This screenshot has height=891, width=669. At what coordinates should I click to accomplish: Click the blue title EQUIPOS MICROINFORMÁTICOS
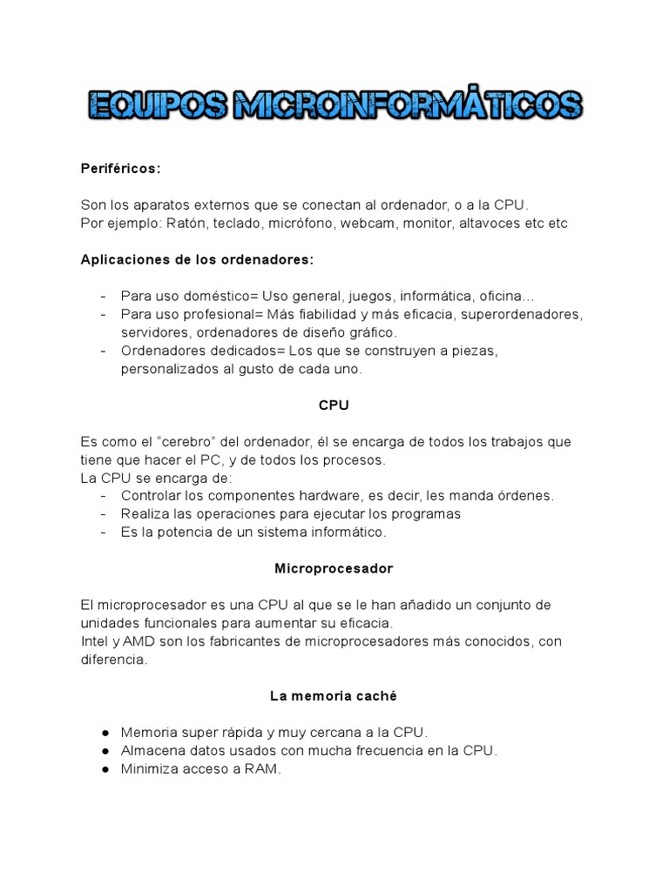(x=334, y=105)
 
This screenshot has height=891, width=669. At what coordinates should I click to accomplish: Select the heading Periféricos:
(x=121, y=168)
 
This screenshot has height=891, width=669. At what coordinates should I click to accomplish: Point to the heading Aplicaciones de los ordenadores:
(x=197, y=259)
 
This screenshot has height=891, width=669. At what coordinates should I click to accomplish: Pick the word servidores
(x=155, y=332)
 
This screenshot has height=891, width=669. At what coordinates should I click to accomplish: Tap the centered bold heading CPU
(x=334, y=405)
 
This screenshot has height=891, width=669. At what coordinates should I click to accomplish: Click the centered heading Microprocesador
(x=334, y=569)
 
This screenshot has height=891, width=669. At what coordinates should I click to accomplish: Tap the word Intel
(x=95, y=642)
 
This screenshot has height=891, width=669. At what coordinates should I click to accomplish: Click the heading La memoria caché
(x=334, y=696)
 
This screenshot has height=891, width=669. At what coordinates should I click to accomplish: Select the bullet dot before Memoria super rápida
(x=105, y=733)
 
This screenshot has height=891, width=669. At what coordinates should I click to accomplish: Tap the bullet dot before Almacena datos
(x=105, y=751)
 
